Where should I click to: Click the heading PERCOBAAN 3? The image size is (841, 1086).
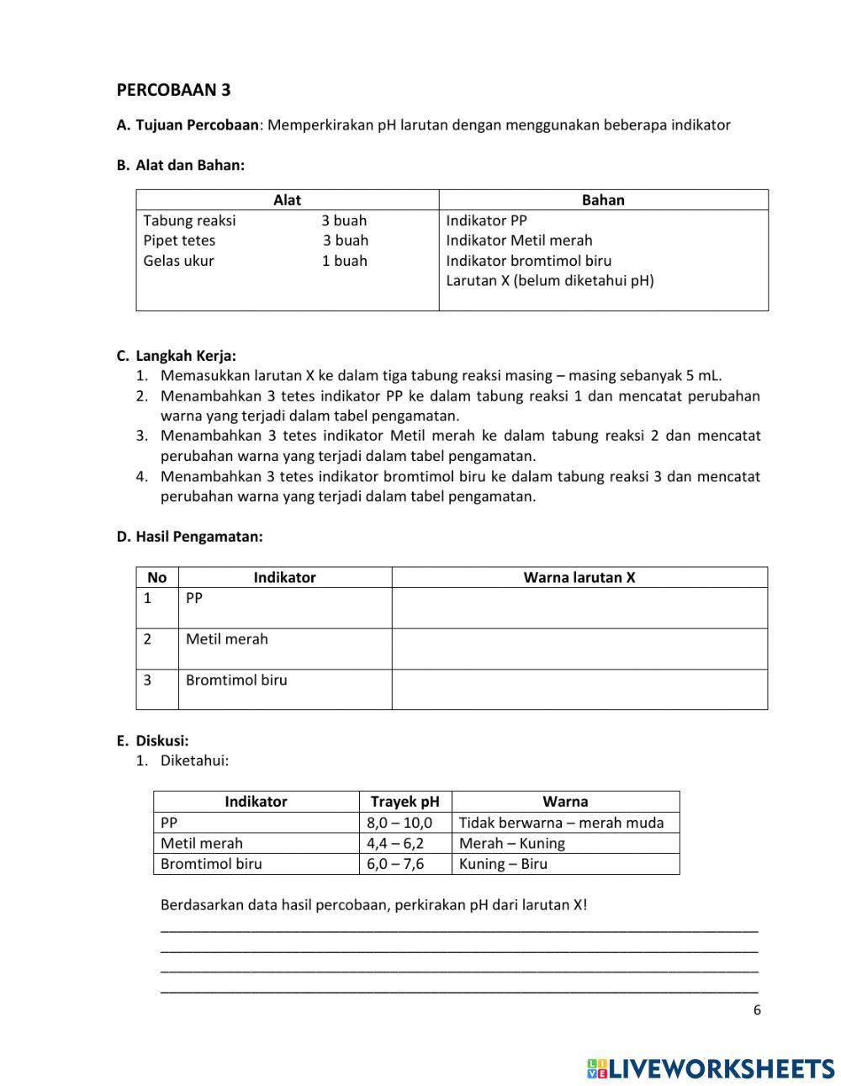coord(173,90)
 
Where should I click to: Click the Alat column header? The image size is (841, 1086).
coord(287,200)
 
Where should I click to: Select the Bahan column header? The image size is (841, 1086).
coord(603,200)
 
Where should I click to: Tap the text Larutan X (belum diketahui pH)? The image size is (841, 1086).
coord(549,281)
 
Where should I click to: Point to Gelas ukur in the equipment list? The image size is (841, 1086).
coord(178,261)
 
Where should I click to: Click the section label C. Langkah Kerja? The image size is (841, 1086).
coord(177,356)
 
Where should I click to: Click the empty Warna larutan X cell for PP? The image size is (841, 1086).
coord(579,607)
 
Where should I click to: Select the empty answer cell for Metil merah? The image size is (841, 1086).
coord(579,649)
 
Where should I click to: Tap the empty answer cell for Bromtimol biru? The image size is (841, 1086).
coord(579,689)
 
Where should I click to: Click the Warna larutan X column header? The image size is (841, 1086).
coord(579,577)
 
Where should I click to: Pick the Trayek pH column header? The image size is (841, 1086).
coord(405,802)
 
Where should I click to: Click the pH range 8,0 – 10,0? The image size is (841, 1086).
coord(399,823)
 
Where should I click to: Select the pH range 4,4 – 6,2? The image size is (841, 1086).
coord(395,844)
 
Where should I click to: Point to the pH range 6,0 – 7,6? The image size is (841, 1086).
coord(395,864)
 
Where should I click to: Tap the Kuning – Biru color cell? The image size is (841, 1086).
coord(503,864)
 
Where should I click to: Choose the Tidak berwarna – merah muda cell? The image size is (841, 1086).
coord(561,823)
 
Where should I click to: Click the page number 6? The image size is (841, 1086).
coord(757,1010)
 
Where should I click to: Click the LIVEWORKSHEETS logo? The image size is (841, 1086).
coord(711,1067)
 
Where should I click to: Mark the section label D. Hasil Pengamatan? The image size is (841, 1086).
coord(189,537)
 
